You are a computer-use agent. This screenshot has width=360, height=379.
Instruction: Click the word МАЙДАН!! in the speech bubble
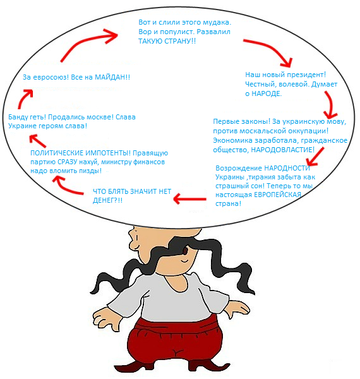pyautogui.click(x=112, y=77)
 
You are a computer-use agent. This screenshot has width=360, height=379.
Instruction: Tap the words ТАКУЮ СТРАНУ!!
pyautogui.click(x=167, y=41)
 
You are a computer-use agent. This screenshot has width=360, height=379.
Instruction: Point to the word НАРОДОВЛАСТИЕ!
pyautogui.click(x=283, y=150)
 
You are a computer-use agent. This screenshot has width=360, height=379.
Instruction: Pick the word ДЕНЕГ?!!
pyautogui.click(x=107, y=200)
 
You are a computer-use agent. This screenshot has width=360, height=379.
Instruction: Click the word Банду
pyautogui.click(x=18, y=117)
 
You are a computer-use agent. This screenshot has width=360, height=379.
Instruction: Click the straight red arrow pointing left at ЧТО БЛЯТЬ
pyautogui.click(x=190, y=199)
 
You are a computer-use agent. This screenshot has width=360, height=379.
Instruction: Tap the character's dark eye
pyautogui.click(x=185, y=251)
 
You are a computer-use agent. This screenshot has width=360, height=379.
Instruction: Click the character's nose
pyautogui.click(x=131, y=234)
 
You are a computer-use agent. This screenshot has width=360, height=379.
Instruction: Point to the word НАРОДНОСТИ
pyautogui.click(x=287, y=168)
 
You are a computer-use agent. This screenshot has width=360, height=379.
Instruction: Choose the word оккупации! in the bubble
pyautogui.click(x=306, y=131)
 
